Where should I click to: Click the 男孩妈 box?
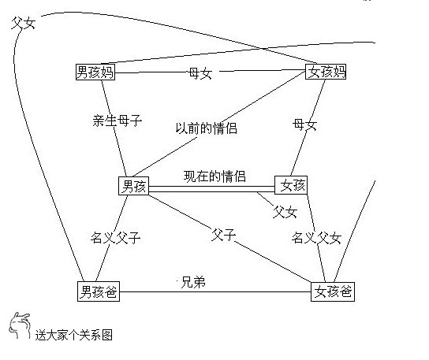coord(95,72)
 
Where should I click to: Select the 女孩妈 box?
coord(326,72)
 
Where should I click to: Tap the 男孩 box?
coord(133,186)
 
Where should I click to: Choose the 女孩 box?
coord(291,185)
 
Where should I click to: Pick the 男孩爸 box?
coord(99,291)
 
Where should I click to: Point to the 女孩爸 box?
coord(333,291)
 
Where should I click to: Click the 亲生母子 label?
coord(117,121)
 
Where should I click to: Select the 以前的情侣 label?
coord(206,128)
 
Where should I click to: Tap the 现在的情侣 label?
coord(214,176)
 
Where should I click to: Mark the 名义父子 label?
coord(115,238)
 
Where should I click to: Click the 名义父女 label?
coord(316,238)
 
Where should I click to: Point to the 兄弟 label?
coord(193,282)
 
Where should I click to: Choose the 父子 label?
coord(223,235)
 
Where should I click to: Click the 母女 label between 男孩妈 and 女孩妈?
coord(200,73)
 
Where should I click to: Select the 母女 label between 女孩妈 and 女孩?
coord(304,125)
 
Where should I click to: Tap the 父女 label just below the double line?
coord(285,212)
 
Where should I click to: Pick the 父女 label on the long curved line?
coord(24,23)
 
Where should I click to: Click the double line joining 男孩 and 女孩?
coord(211,189)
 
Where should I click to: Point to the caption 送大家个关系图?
coord(74,335)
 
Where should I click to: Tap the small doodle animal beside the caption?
coord(19,326)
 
